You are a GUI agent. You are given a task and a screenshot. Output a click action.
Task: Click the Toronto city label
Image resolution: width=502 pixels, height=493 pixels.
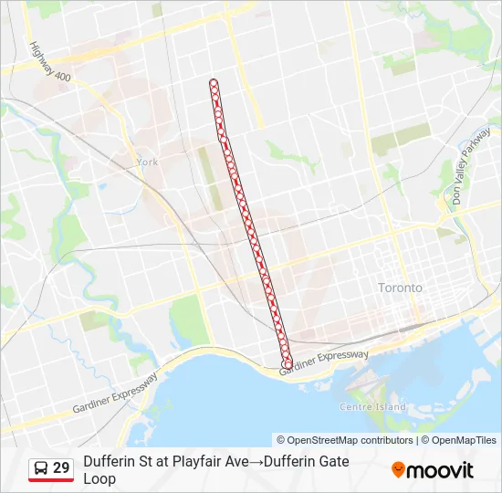point(400,288)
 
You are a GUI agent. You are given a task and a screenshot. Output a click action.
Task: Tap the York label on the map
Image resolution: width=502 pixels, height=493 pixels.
point(146,162)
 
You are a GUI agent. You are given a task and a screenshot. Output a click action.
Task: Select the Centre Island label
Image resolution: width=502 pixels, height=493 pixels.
point(372,406)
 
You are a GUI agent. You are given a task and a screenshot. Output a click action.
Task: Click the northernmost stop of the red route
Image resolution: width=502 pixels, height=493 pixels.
point(214,84)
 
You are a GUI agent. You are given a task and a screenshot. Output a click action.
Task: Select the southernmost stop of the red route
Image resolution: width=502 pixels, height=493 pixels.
point(288,364)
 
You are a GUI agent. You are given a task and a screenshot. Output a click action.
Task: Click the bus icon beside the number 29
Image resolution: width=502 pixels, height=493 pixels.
point(41,468)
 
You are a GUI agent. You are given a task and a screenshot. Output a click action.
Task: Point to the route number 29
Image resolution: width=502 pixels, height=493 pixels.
point(61,468)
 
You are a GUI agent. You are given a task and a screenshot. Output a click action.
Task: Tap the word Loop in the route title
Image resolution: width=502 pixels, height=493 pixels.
point(99,478)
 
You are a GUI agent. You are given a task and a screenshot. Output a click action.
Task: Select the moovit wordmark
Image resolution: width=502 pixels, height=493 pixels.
point(441,471)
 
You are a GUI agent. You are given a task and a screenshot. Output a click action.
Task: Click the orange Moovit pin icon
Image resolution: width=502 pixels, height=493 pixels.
point(398,470)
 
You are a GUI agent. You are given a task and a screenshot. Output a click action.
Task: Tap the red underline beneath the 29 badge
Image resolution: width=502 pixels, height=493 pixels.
point(51,480)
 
